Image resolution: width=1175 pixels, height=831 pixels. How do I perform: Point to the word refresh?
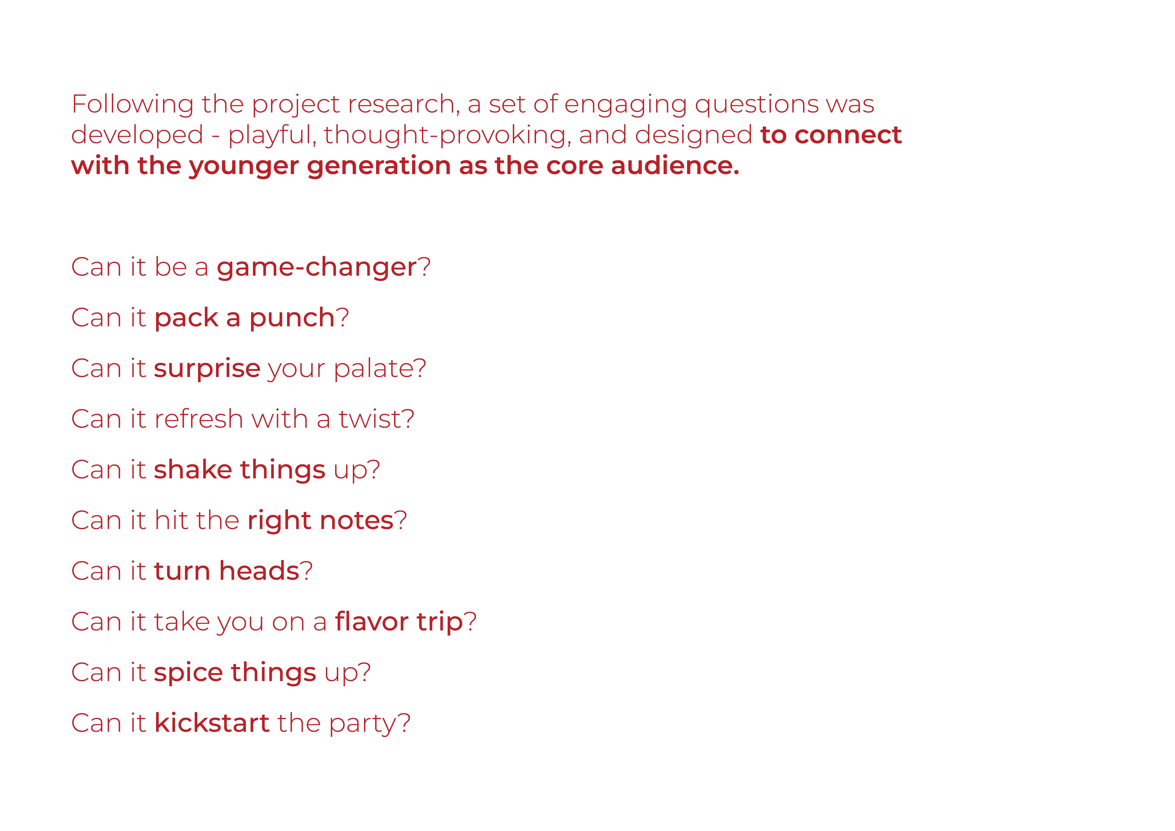click(x=198, y=418)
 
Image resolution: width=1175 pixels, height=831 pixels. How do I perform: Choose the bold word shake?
click(x=193, y=469)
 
